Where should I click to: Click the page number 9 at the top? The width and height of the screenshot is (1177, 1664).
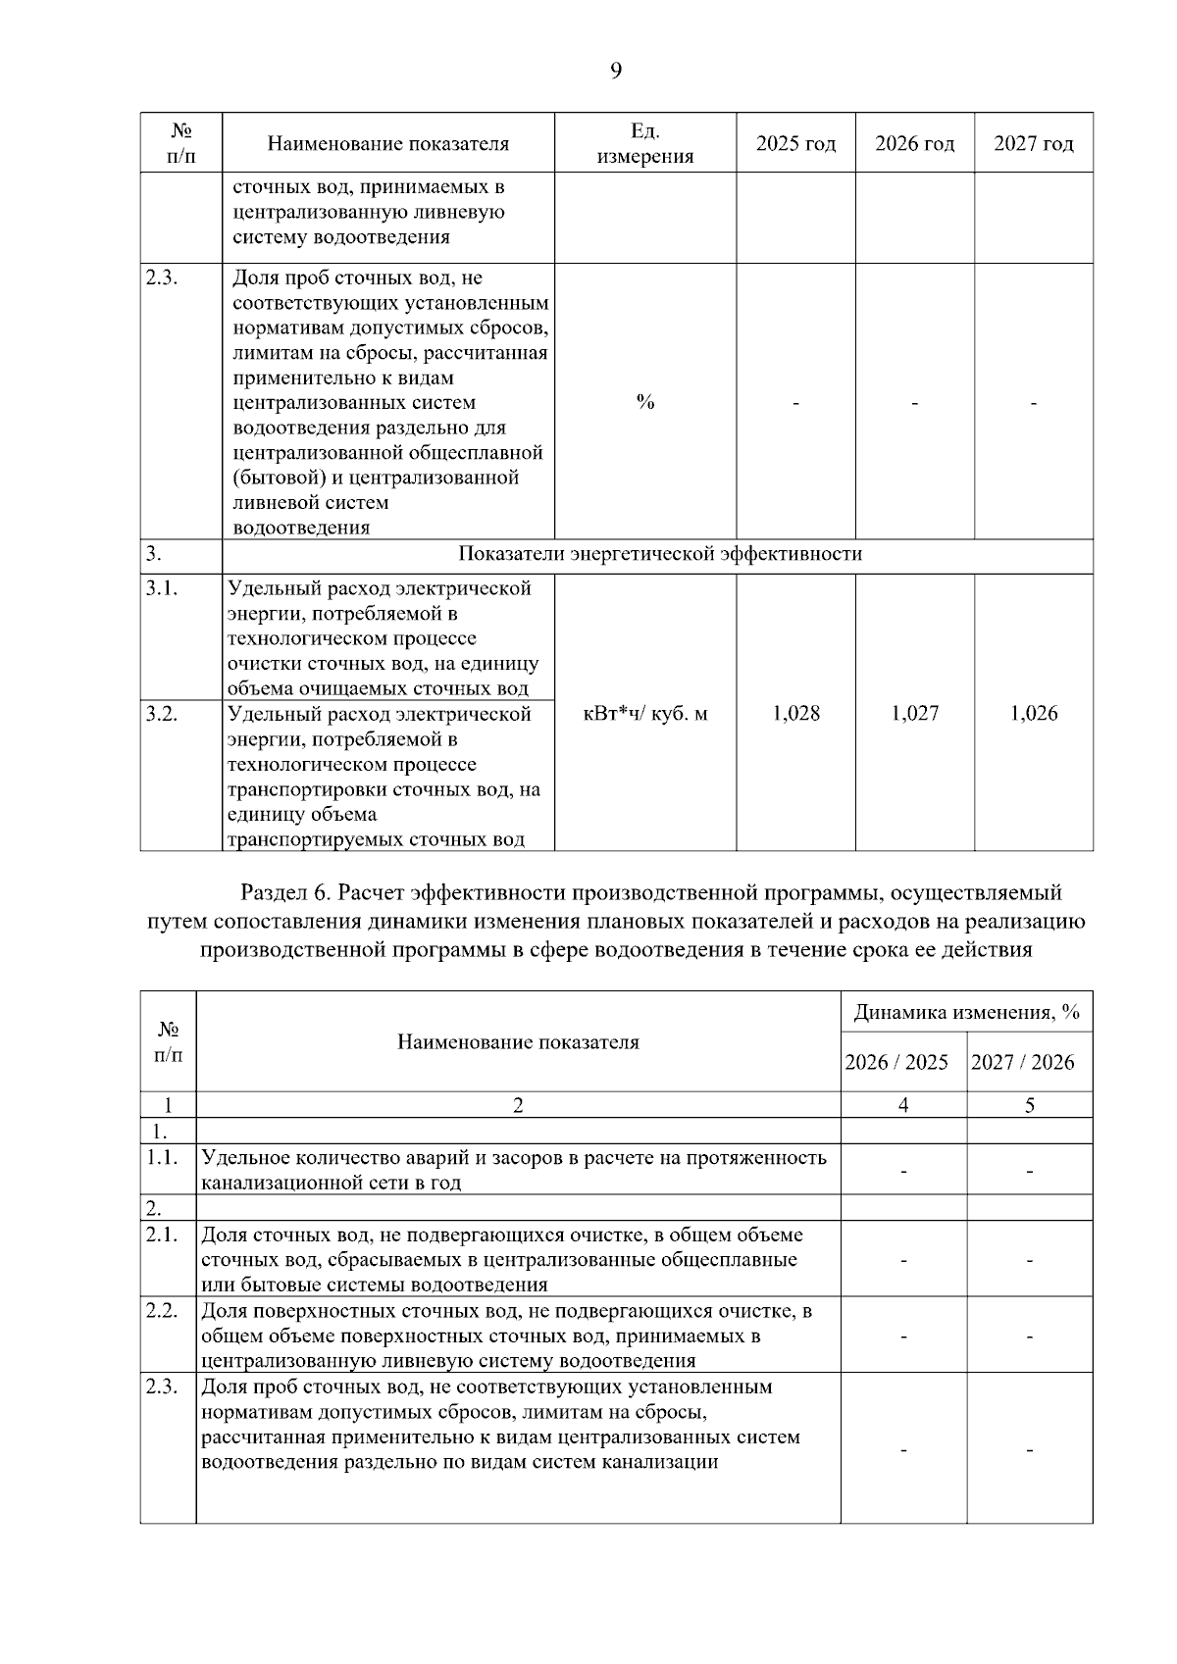pos(615,71)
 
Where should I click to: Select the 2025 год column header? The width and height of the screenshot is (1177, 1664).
pos(795,144)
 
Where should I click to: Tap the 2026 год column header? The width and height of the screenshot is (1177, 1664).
pos(914,144)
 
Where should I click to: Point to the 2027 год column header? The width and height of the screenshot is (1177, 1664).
pos(1034,144)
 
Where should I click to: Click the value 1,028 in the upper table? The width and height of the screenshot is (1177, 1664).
pos(795,713)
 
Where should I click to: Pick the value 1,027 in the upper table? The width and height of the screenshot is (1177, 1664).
pos(914,713)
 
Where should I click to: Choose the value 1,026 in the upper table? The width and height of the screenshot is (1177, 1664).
pos(1034,713)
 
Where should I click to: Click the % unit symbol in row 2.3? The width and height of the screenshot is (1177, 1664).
pos(644,402)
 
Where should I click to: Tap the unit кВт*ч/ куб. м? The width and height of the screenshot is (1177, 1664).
pos(644,713)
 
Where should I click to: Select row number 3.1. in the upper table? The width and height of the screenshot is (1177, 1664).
pos(162,588)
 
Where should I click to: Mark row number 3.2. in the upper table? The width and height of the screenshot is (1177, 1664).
pos(162,714)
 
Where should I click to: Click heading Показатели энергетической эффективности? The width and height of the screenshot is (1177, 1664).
pos(660,554)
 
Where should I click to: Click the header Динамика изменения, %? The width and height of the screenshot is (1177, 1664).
pos(966,1013)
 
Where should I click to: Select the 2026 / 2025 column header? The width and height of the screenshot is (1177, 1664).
pos(896,1062)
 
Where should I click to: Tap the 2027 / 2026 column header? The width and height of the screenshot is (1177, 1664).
pos(1022,1062)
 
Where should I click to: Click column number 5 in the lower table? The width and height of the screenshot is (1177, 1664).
pos(1030,1105)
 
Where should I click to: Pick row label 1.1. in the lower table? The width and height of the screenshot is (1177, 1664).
pos(162,1157)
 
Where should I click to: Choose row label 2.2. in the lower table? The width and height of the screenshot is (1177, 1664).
pos(162,1311)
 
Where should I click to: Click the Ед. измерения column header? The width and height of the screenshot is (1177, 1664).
pos(644,144)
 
